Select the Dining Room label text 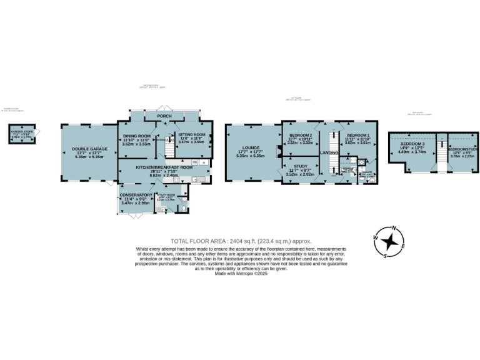pos(136,136)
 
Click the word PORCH pos(165,116)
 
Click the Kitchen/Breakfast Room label pos(166,168)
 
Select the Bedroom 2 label pos(300,135)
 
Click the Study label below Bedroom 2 pos(300,167)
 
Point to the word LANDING pos(329,152)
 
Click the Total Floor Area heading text pos(240,241)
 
